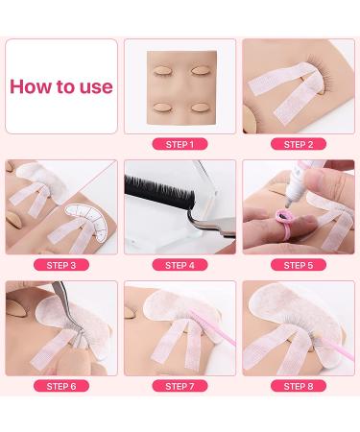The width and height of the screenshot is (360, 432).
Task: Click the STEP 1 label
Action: [180, 144]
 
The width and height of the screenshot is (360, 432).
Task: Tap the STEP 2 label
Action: [299, 144]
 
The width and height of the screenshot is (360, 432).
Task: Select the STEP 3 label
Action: [61, 265]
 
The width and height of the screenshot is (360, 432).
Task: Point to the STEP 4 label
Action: [180, 265]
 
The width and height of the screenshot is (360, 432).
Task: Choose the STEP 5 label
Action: [299, 265]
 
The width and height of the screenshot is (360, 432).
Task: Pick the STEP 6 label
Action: [61, 386]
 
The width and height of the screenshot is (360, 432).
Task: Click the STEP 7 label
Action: [180, 386]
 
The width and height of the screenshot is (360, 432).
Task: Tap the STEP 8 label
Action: [299, 386]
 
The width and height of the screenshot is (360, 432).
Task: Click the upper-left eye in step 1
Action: [163, 71]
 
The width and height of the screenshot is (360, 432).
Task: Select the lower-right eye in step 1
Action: [201, 108]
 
